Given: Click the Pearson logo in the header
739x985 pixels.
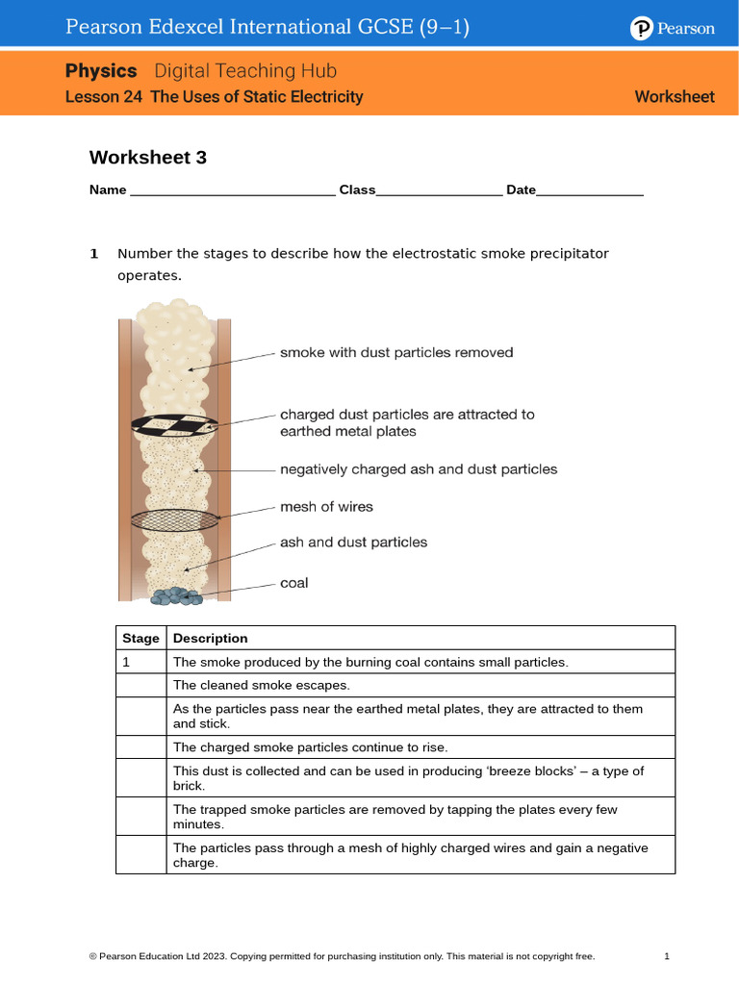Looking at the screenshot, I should (x=673, y=29).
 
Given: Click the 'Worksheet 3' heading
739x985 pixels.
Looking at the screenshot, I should (x=147, y=158).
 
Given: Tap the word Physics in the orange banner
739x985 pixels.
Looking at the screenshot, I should (x=101, y=71).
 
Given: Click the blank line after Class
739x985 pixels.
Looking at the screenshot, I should (x=439, y=191).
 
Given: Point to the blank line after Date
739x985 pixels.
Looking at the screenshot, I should (x=589, y=191).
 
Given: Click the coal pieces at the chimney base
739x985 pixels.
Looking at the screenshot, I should (x=175, y=596).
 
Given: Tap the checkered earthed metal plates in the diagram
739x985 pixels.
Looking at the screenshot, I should (x=174, y=424).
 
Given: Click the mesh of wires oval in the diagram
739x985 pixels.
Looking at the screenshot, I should (x=173, y=519).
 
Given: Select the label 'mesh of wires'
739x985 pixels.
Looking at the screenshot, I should (x=326, y=507).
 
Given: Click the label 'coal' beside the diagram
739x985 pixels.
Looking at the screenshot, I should (x=293, y=583).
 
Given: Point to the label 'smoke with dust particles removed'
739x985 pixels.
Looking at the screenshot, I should (x=396, y=353).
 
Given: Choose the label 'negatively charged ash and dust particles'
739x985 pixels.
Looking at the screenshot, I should (x=419, y=469).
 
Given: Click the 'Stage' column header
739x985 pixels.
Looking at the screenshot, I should (x=140, y=639).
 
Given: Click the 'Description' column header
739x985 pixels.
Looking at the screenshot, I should (x=210, y=639).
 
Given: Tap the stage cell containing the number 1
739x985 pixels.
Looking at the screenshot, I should (x=140, y=663).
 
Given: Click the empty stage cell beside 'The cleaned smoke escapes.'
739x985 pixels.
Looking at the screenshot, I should (x=140, y=686).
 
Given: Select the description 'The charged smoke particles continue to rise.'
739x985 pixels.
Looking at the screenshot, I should (x=310, y=747).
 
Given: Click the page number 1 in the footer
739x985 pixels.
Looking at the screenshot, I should (x=666, y=956).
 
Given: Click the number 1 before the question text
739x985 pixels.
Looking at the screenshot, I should (x=94, y=254).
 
